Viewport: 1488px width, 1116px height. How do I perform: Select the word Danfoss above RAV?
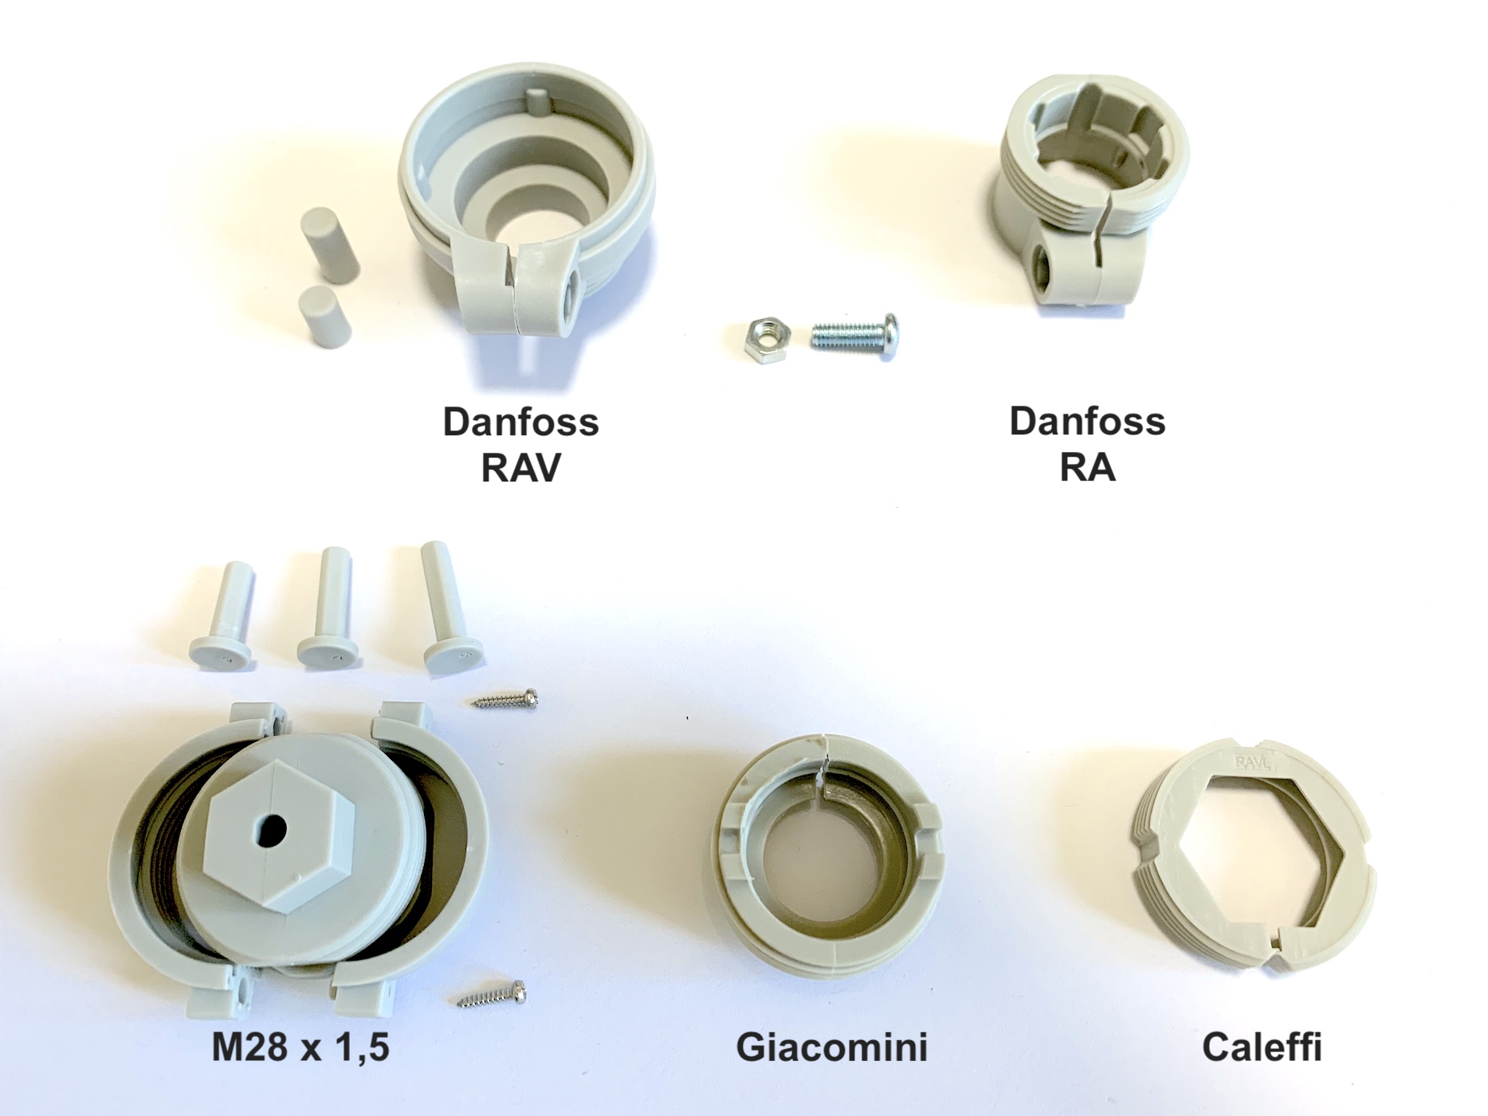coord(520,422)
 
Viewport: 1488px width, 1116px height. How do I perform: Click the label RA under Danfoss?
coord(1087,468)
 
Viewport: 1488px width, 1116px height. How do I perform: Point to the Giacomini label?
coord(831,1047)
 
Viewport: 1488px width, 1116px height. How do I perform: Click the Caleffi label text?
coord(1262,1047)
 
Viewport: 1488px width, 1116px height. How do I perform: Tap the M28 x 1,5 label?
coord(300,1047)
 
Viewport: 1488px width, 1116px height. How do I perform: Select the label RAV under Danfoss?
coord(520,468)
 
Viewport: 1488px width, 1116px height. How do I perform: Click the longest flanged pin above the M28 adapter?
coord(446,606)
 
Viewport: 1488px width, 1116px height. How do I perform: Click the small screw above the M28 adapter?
coord(505,700)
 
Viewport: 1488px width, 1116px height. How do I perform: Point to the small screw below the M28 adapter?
coord(492,994)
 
